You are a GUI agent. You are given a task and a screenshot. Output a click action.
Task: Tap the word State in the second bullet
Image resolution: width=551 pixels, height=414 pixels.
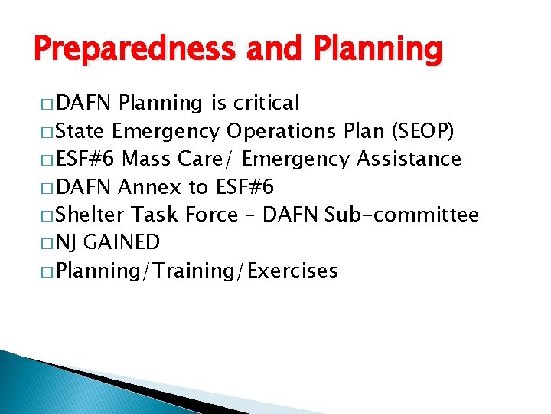83,131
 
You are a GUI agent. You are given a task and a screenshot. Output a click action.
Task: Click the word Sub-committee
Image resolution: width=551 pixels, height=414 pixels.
402,215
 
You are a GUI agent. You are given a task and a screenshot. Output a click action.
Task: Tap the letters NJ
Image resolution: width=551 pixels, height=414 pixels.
68,242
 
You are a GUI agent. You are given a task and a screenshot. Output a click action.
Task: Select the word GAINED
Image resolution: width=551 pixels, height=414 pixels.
121,242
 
